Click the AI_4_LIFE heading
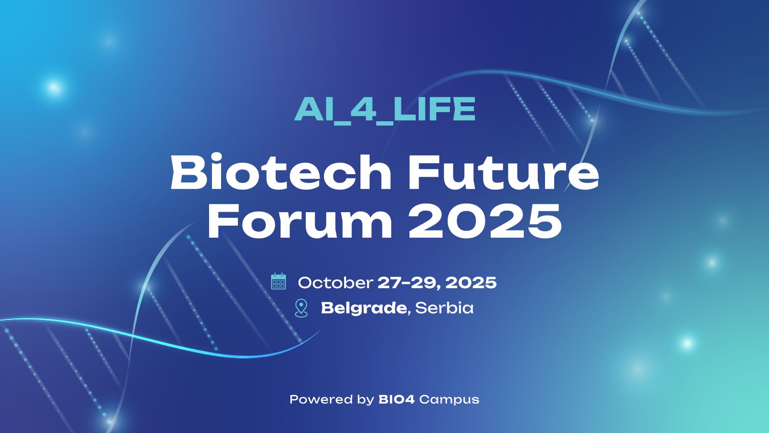(x=384, y=109)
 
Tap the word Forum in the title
(x=300, y=221)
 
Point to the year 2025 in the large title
(x=485, y=221)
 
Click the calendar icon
(x=278, y=281)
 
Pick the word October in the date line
(x=335, y=282)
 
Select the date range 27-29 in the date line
(x=408, y=282)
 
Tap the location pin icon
(x=301, y=308)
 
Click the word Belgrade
(x=364, y=308)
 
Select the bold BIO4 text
(x=397, y=399)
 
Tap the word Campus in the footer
(x=449, y=400)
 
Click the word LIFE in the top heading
(x=434, y=109)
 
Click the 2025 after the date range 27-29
(x=471, y=282)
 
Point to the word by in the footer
(x=365, y=400)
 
